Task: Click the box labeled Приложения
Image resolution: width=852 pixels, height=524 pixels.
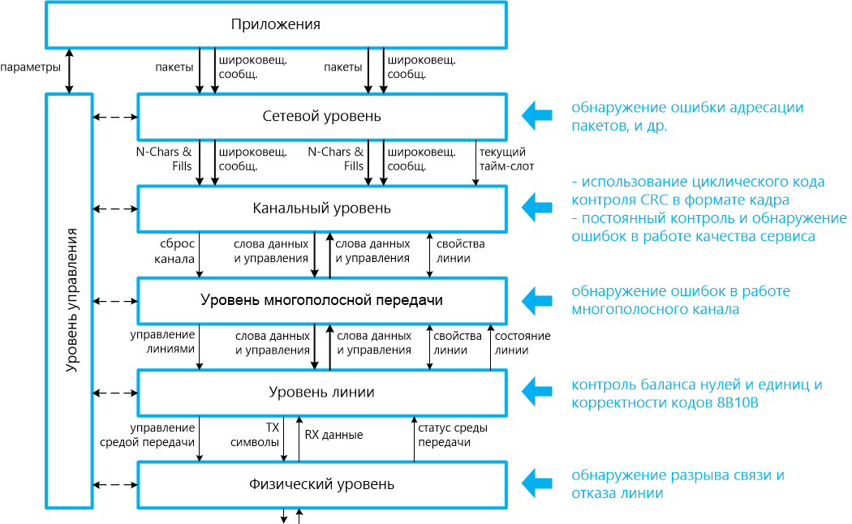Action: [x=276, y=24]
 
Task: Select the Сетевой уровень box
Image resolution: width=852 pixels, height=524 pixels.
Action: [x=321, y=116]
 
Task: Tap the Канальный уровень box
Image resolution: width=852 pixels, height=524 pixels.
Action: [x=321, y=208]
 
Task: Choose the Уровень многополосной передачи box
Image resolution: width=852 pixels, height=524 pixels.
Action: [x=321, y=300]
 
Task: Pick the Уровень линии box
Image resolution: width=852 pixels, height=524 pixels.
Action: [x=321, y=392]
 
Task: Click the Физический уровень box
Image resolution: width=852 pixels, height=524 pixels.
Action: [x=321, y=484]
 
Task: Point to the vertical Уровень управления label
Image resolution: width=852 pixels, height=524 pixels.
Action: [x=71, y=300]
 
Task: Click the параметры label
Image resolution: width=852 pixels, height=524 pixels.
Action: [x=30, y=67]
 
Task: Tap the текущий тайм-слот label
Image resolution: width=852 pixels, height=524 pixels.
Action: [x=502, y=159]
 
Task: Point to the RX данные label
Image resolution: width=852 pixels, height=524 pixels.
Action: [x=333, y=435]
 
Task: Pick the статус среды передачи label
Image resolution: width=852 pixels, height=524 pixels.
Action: [x=444, y=435]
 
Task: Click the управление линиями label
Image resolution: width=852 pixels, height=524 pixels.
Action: [x=163, y=342]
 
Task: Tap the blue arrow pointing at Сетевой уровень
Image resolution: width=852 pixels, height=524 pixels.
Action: [x=536, y=116]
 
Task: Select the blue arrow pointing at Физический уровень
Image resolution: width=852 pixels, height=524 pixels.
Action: [x=536, y=484]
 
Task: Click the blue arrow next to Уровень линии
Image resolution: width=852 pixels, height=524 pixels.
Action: [x=536, y=393]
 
